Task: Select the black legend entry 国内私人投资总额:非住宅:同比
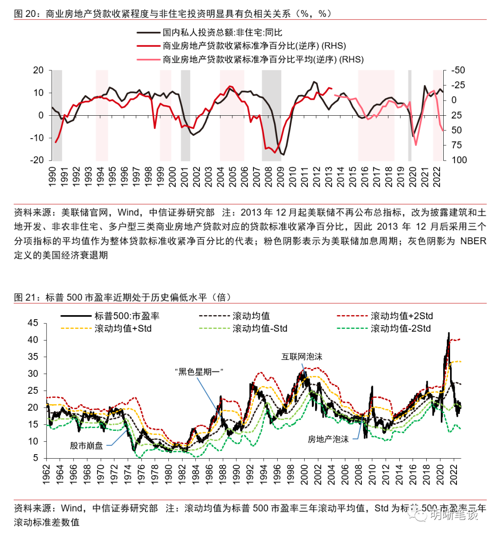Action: click(222, 32)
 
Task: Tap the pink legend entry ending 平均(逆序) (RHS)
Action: click(263, 59)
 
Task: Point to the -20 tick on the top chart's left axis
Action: click(38, 160)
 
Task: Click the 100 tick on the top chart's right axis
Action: click(459, 160)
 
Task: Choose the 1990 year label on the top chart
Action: click(52, 177)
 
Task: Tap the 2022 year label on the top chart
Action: click(437, 177)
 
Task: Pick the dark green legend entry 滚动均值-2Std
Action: click(400, 328)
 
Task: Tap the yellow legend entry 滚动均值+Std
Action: click(123, 328)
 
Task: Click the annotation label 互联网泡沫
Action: click(302, 357)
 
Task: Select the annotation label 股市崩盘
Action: click(86, 445)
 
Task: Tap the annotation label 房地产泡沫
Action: click(328, 439)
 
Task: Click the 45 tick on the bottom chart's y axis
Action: click(33, 323)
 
